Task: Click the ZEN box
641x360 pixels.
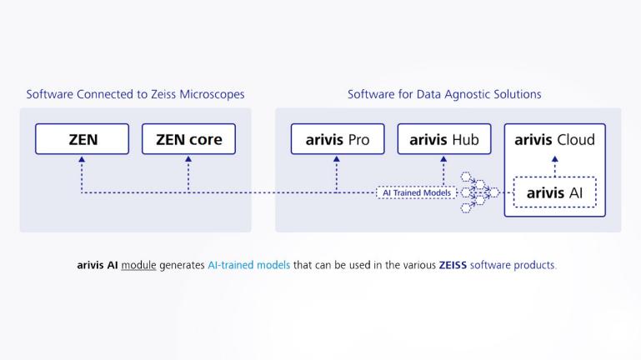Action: pos(82,139)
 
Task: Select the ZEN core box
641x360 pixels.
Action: pos(188,139)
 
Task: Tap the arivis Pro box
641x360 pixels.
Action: pos(337,139)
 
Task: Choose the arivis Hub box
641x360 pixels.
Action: pos(443,139)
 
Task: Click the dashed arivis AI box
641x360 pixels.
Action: pos(554,193)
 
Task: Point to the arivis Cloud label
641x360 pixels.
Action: pos(554,139)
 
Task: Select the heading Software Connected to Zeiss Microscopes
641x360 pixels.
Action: pos(135,94)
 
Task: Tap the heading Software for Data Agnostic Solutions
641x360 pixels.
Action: pos(444,94)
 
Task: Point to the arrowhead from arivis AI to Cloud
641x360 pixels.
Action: pos(554,159)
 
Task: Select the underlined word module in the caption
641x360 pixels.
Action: pos(138,265)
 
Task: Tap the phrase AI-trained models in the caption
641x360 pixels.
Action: pos(248,265)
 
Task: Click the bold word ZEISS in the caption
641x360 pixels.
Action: pos(453,265)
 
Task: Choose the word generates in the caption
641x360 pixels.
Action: pos(182,265)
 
